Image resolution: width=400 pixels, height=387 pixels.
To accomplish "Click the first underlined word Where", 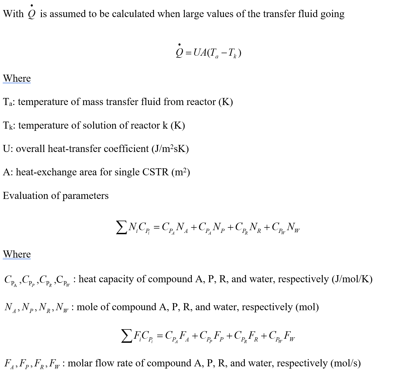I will click(17, 78).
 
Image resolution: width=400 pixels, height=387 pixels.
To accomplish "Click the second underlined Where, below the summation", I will click(17, 254).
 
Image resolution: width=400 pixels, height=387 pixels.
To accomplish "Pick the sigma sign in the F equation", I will click(126, 336).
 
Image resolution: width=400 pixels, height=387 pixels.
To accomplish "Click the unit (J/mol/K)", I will click(352, 279).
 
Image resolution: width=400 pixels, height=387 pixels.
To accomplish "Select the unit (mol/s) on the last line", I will click(345, 363).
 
